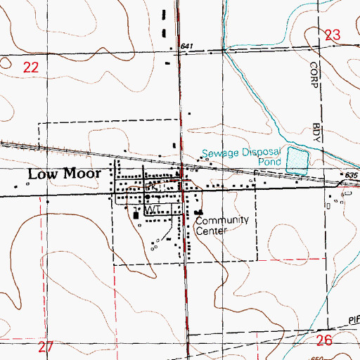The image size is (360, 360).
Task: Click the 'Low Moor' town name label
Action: click(67, 174)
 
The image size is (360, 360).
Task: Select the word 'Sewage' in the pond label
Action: click(218, 153)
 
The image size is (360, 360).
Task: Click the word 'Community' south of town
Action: click(222, 220)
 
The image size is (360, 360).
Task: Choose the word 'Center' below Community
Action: click(212, 229)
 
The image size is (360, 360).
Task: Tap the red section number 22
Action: click(30, 67)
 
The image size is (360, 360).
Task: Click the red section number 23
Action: click(333, 34)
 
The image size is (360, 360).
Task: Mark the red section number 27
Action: click(46, 347)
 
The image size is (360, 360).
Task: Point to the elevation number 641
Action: click(186, 46)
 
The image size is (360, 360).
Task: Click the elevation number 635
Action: click(352, 175)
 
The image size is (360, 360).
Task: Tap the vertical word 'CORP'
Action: click(314, 79)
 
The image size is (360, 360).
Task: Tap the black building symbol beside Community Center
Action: click(199, 212)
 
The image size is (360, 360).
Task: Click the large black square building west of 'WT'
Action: click(137, 215)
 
